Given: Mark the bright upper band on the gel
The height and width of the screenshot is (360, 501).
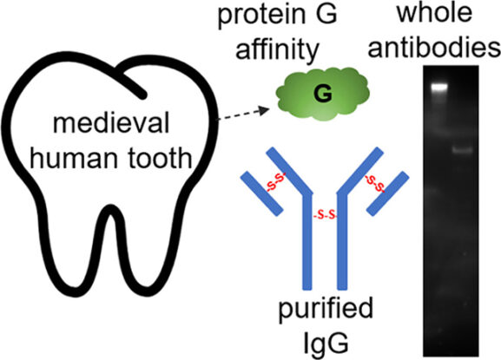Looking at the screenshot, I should point(440,87).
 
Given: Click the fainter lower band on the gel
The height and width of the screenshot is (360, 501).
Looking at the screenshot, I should point(463,149).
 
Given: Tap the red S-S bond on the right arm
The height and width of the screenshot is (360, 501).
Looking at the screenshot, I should point(376,183).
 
